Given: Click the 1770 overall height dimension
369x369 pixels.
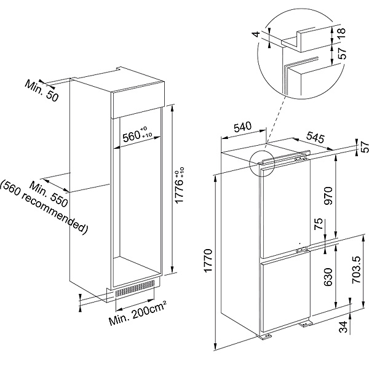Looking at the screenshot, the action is [x=208, y=261].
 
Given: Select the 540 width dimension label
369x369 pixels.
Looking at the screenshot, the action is [x=243, y=127].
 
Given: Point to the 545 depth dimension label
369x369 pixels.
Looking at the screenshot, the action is [x=315, y=138].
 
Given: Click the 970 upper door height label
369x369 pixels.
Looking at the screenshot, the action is [x=328, y=196].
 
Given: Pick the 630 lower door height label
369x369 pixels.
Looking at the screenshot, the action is [x=328, y=277].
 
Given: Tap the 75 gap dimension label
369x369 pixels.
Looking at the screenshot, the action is [x=319, y=224].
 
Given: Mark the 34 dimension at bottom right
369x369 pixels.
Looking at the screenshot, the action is [x=344, y=327].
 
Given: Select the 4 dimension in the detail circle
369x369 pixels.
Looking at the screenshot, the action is [x=257, y=34].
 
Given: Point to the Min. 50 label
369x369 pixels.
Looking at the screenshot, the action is [x=41, y=90].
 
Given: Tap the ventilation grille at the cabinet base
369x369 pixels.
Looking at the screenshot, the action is [x=135, y=288].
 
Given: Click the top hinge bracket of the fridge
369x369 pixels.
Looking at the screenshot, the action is [x=301, y=159].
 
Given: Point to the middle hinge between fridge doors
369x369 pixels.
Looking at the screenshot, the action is [x=302, y=250].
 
